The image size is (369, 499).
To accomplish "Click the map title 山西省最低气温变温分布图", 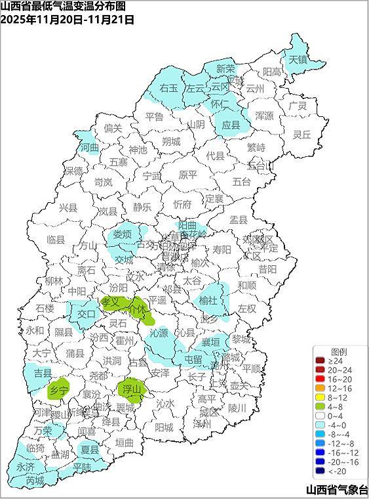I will (63, 7).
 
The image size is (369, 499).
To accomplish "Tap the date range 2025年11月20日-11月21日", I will (68, 19).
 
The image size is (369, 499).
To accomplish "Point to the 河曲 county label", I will (89, 148).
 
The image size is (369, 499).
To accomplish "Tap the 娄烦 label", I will (122, 234).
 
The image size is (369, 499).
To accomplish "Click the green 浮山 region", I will (132, 389).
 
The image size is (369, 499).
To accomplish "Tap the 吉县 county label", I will (43, 373).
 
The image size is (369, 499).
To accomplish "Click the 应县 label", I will (231, 124).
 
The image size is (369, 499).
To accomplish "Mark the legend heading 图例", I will (338, 351).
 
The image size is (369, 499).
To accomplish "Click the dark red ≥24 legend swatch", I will (320, 360).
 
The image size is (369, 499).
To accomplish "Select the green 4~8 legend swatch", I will (320, 406).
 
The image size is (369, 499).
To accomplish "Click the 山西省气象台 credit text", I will (336, 490).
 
